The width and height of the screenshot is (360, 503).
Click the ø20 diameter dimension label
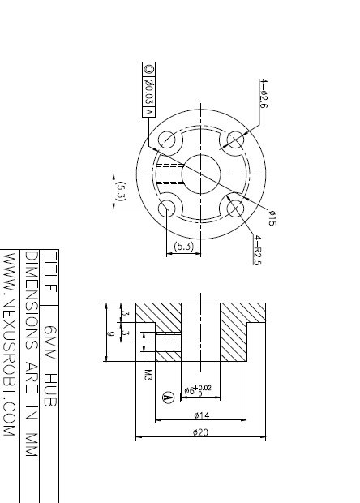click(200, 432)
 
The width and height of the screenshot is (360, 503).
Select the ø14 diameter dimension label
click(202, 415)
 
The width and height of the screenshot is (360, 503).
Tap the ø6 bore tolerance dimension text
click(198, 390)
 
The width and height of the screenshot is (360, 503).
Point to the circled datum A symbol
click(169, 398)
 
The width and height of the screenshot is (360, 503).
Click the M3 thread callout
click(148, 376)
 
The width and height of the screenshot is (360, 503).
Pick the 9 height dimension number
click(110, 333)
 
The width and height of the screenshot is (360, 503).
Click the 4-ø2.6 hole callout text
click(263, 93)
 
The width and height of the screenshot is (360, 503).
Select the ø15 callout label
click(272, 217)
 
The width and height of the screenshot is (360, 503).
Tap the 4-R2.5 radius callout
click(257, 250)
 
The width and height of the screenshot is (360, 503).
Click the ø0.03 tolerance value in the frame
click(148, 92)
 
